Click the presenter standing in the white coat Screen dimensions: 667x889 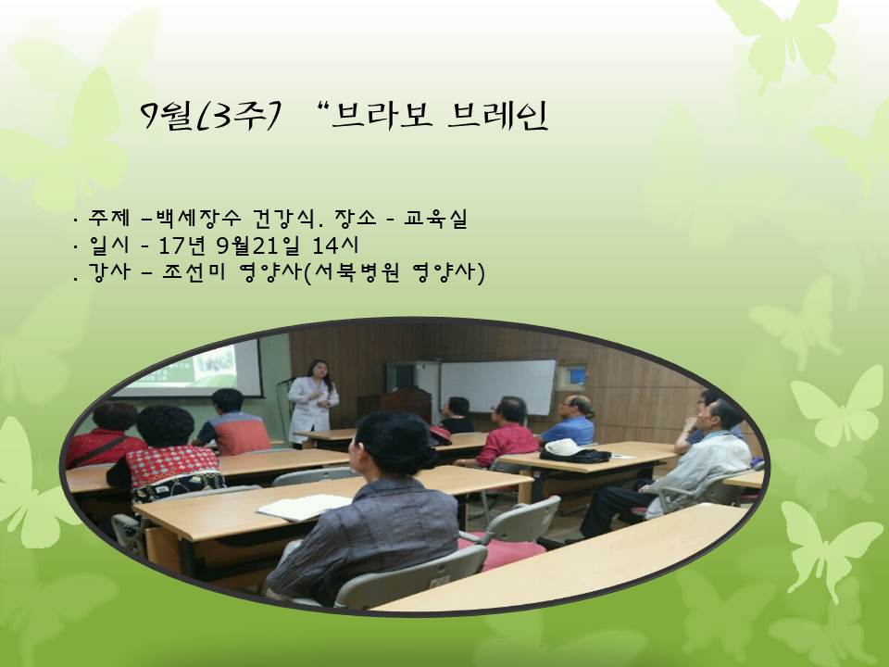point(312,398)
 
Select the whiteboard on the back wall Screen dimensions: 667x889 point(496,386)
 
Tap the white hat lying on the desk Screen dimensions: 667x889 point(562,447)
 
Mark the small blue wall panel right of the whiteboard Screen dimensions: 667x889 point(577,375)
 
